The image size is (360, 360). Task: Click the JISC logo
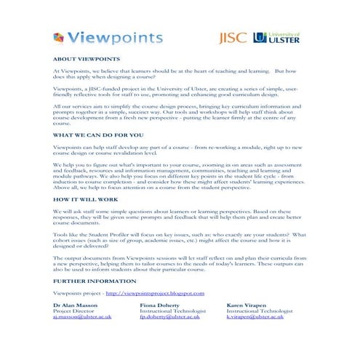(x=233, y=37)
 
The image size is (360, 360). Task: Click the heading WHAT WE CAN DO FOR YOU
(x=99, y=135)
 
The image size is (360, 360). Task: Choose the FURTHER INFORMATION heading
(x=95, y=280)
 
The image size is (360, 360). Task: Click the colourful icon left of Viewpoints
(x=59, y=38)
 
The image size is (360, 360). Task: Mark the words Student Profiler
(x=110, y=236)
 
